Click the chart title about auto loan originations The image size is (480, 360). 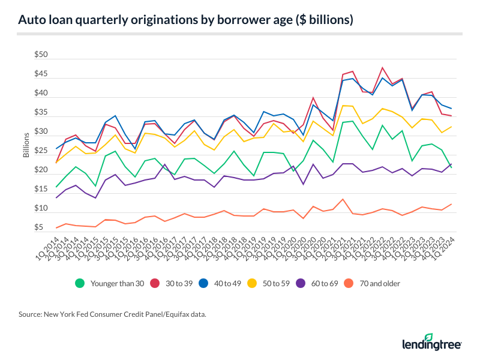click(185, 20)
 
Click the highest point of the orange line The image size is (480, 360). click(343, 199)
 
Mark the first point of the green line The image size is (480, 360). click(57, 187)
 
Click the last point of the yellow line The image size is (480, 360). click(451, 127)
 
